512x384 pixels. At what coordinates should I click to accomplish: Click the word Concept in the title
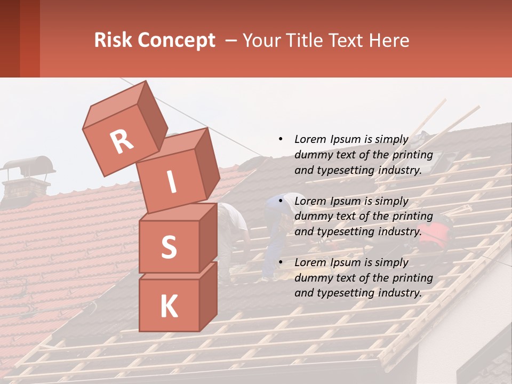[176, 41]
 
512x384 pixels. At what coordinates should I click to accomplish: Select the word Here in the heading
[388, 40]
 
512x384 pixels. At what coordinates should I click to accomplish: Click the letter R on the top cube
[122, 142]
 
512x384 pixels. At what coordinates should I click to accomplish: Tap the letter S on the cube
[169, 247]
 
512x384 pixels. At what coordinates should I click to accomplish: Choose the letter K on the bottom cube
[169, 306]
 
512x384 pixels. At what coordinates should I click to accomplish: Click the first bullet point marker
[281, 139]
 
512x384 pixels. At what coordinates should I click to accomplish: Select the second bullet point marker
[281, 201]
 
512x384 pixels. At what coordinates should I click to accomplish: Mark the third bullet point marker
[281, 262]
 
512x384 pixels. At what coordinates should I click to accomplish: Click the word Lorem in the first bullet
[309, 139]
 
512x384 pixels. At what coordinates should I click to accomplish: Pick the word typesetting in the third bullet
[341, 293]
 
